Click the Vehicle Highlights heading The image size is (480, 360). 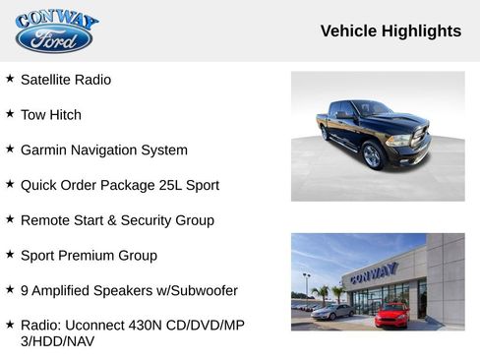tap(390, 30)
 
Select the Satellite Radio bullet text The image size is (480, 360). tap(66, 80)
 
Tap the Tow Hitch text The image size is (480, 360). tap(51, 115)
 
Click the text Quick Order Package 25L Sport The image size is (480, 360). tap(119, 185)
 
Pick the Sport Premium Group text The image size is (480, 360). tap(89, 256)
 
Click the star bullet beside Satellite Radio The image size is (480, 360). tap(10, 79)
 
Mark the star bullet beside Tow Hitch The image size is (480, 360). tap(10, 114)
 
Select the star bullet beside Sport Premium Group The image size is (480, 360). tap(10, 255)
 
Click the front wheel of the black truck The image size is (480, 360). tap(372, 155)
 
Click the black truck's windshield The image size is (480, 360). tap(372, 109)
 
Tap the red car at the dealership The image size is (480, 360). tap(391, 315)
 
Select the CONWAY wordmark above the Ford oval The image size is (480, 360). tap(57, 20)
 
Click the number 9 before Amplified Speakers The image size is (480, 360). tap(25, 291)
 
